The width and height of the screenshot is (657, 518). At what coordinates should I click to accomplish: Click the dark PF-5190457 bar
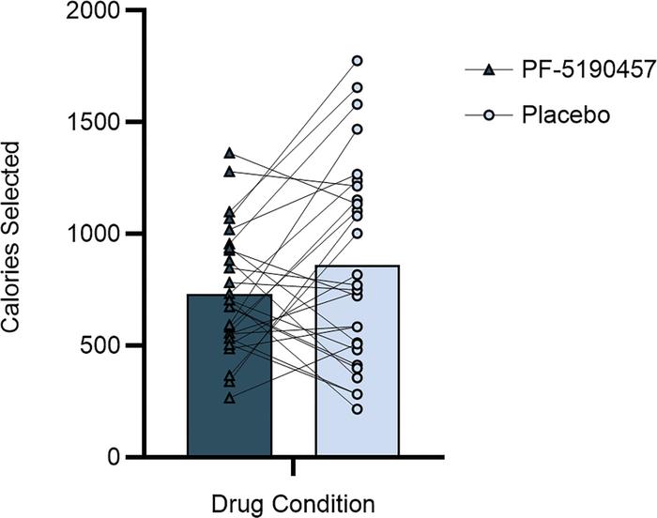coord(229,375)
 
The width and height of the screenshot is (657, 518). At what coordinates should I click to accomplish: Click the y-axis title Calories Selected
coord(20,235)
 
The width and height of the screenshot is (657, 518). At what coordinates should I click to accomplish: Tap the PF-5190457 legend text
coord(569,69)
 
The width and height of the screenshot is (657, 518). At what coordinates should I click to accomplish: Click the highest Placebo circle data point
coord(358,61)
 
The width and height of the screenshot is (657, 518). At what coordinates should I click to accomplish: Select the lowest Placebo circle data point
coord(358,409)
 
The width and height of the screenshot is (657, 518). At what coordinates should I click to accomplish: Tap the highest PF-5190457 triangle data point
coord(229,152)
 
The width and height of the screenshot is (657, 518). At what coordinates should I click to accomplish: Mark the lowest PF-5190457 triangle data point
coord(229,398)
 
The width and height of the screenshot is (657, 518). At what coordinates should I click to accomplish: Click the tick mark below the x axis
coord(294,466)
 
